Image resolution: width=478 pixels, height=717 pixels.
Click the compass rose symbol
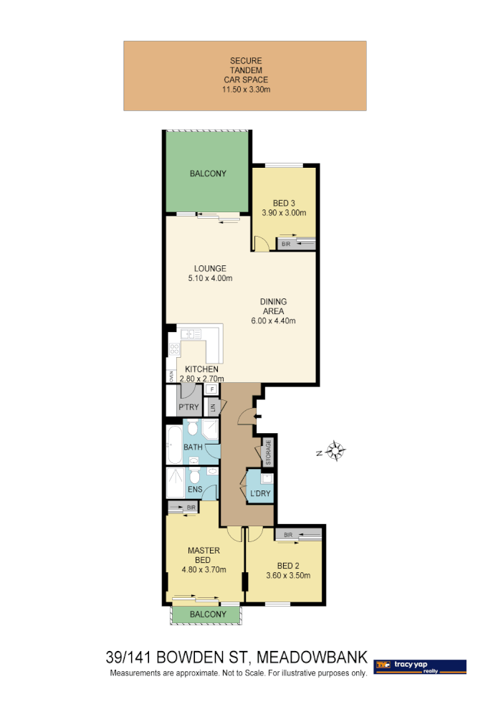coord(335,451)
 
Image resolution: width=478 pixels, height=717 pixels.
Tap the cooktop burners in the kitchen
coord(174,349)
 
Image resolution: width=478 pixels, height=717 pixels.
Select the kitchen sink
coord(191,334)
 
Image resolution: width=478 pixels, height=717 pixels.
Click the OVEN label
coord(171,376)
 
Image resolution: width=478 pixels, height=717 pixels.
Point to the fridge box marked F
coord(211,389)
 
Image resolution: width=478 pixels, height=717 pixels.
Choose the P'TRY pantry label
coord(188,407)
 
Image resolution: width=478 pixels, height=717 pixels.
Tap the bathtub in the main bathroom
coord(174,445)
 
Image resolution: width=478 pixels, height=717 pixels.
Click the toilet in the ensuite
coord(194,478)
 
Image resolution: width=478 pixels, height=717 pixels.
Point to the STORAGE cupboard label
coord(269,452)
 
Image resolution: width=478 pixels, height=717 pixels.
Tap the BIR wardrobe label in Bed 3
coord(286,244)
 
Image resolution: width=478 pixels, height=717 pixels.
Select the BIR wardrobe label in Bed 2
coord(287,535)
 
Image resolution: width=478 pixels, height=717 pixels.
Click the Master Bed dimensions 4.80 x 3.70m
coord(203,571)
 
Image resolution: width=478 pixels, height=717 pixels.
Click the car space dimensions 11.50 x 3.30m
coord(246,90)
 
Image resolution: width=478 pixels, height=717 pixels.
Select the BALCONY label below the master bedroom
coord(209,614)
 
